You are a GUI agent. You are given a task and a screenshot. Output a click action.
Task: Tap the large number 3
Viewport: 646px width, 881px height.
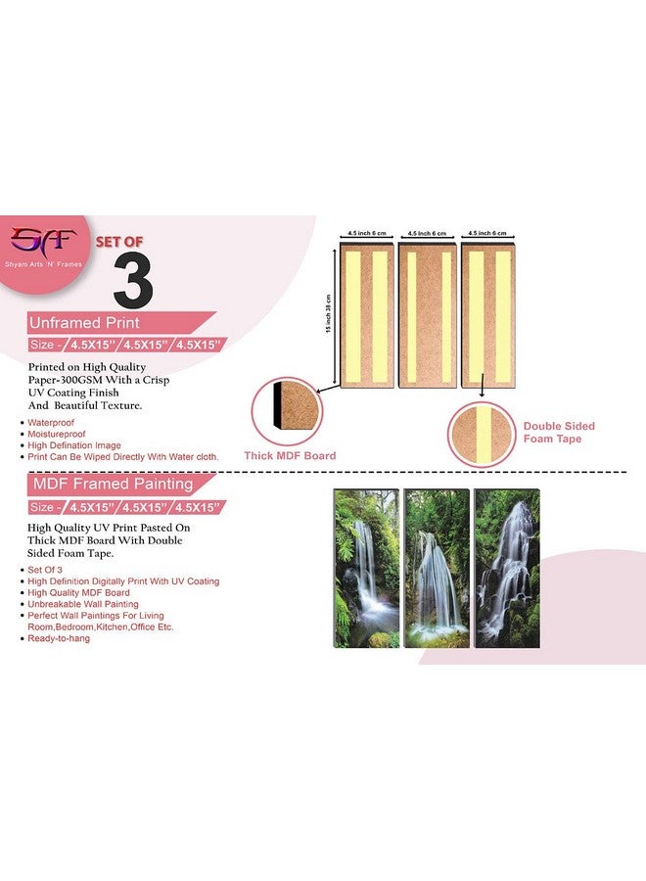pos(133,282)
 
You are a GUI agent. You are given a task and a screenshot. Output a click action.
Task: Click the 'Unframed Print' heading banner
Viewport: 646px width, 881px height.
pos(71,322)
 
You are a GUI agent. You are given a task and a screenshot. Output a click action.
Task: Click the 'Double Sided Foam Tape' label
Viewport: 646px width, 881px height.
pos(559,433)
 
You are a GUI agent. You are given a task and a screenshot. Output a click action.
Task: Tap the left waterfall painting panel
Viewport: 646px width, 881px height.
pos(366,568)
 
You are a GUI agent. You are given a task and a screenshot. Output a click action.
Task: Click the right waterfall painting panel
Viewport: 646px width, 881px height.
pos(506,568)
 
